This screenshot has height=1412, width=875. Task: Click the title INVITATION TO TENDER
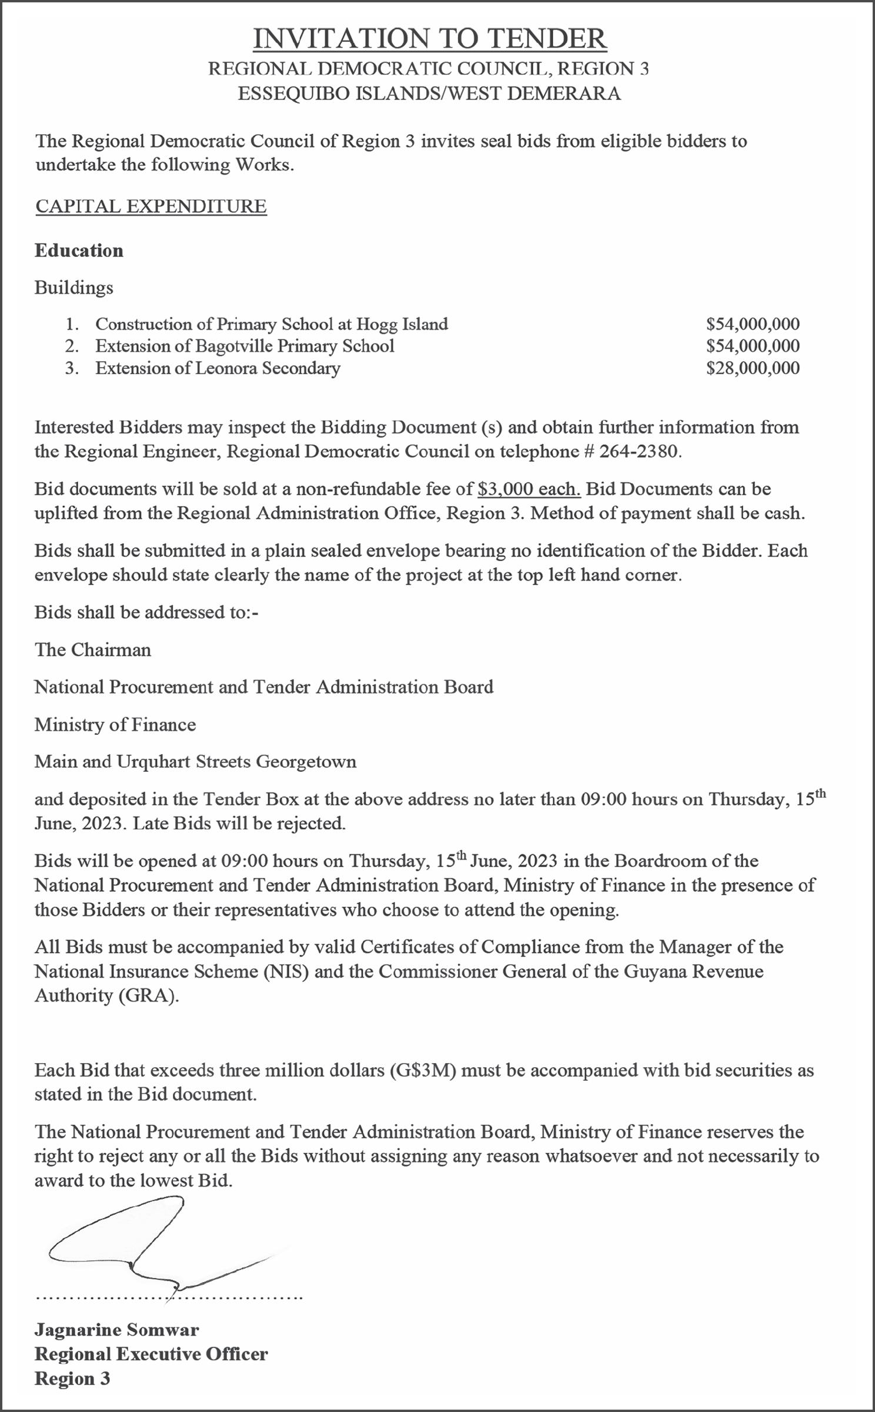430,39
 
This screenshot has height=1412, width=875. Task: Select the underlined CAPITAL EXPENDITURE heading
151,207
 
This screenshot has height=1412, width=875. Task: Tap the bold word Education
79,251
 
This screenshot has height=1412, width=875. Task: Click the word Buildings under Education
74,288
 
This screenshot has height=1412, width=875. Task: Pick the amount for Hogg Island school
753,324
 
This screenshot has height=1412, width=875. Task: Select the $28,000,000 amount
753,368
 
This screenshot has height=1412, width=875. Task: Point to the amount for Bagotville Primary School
753,346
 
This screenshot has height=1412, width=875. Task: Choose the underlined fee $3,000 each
529,489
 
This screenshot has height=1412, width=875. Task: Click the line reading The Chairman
93,650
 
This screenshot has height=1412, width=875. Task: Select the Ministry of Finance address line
115,724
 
